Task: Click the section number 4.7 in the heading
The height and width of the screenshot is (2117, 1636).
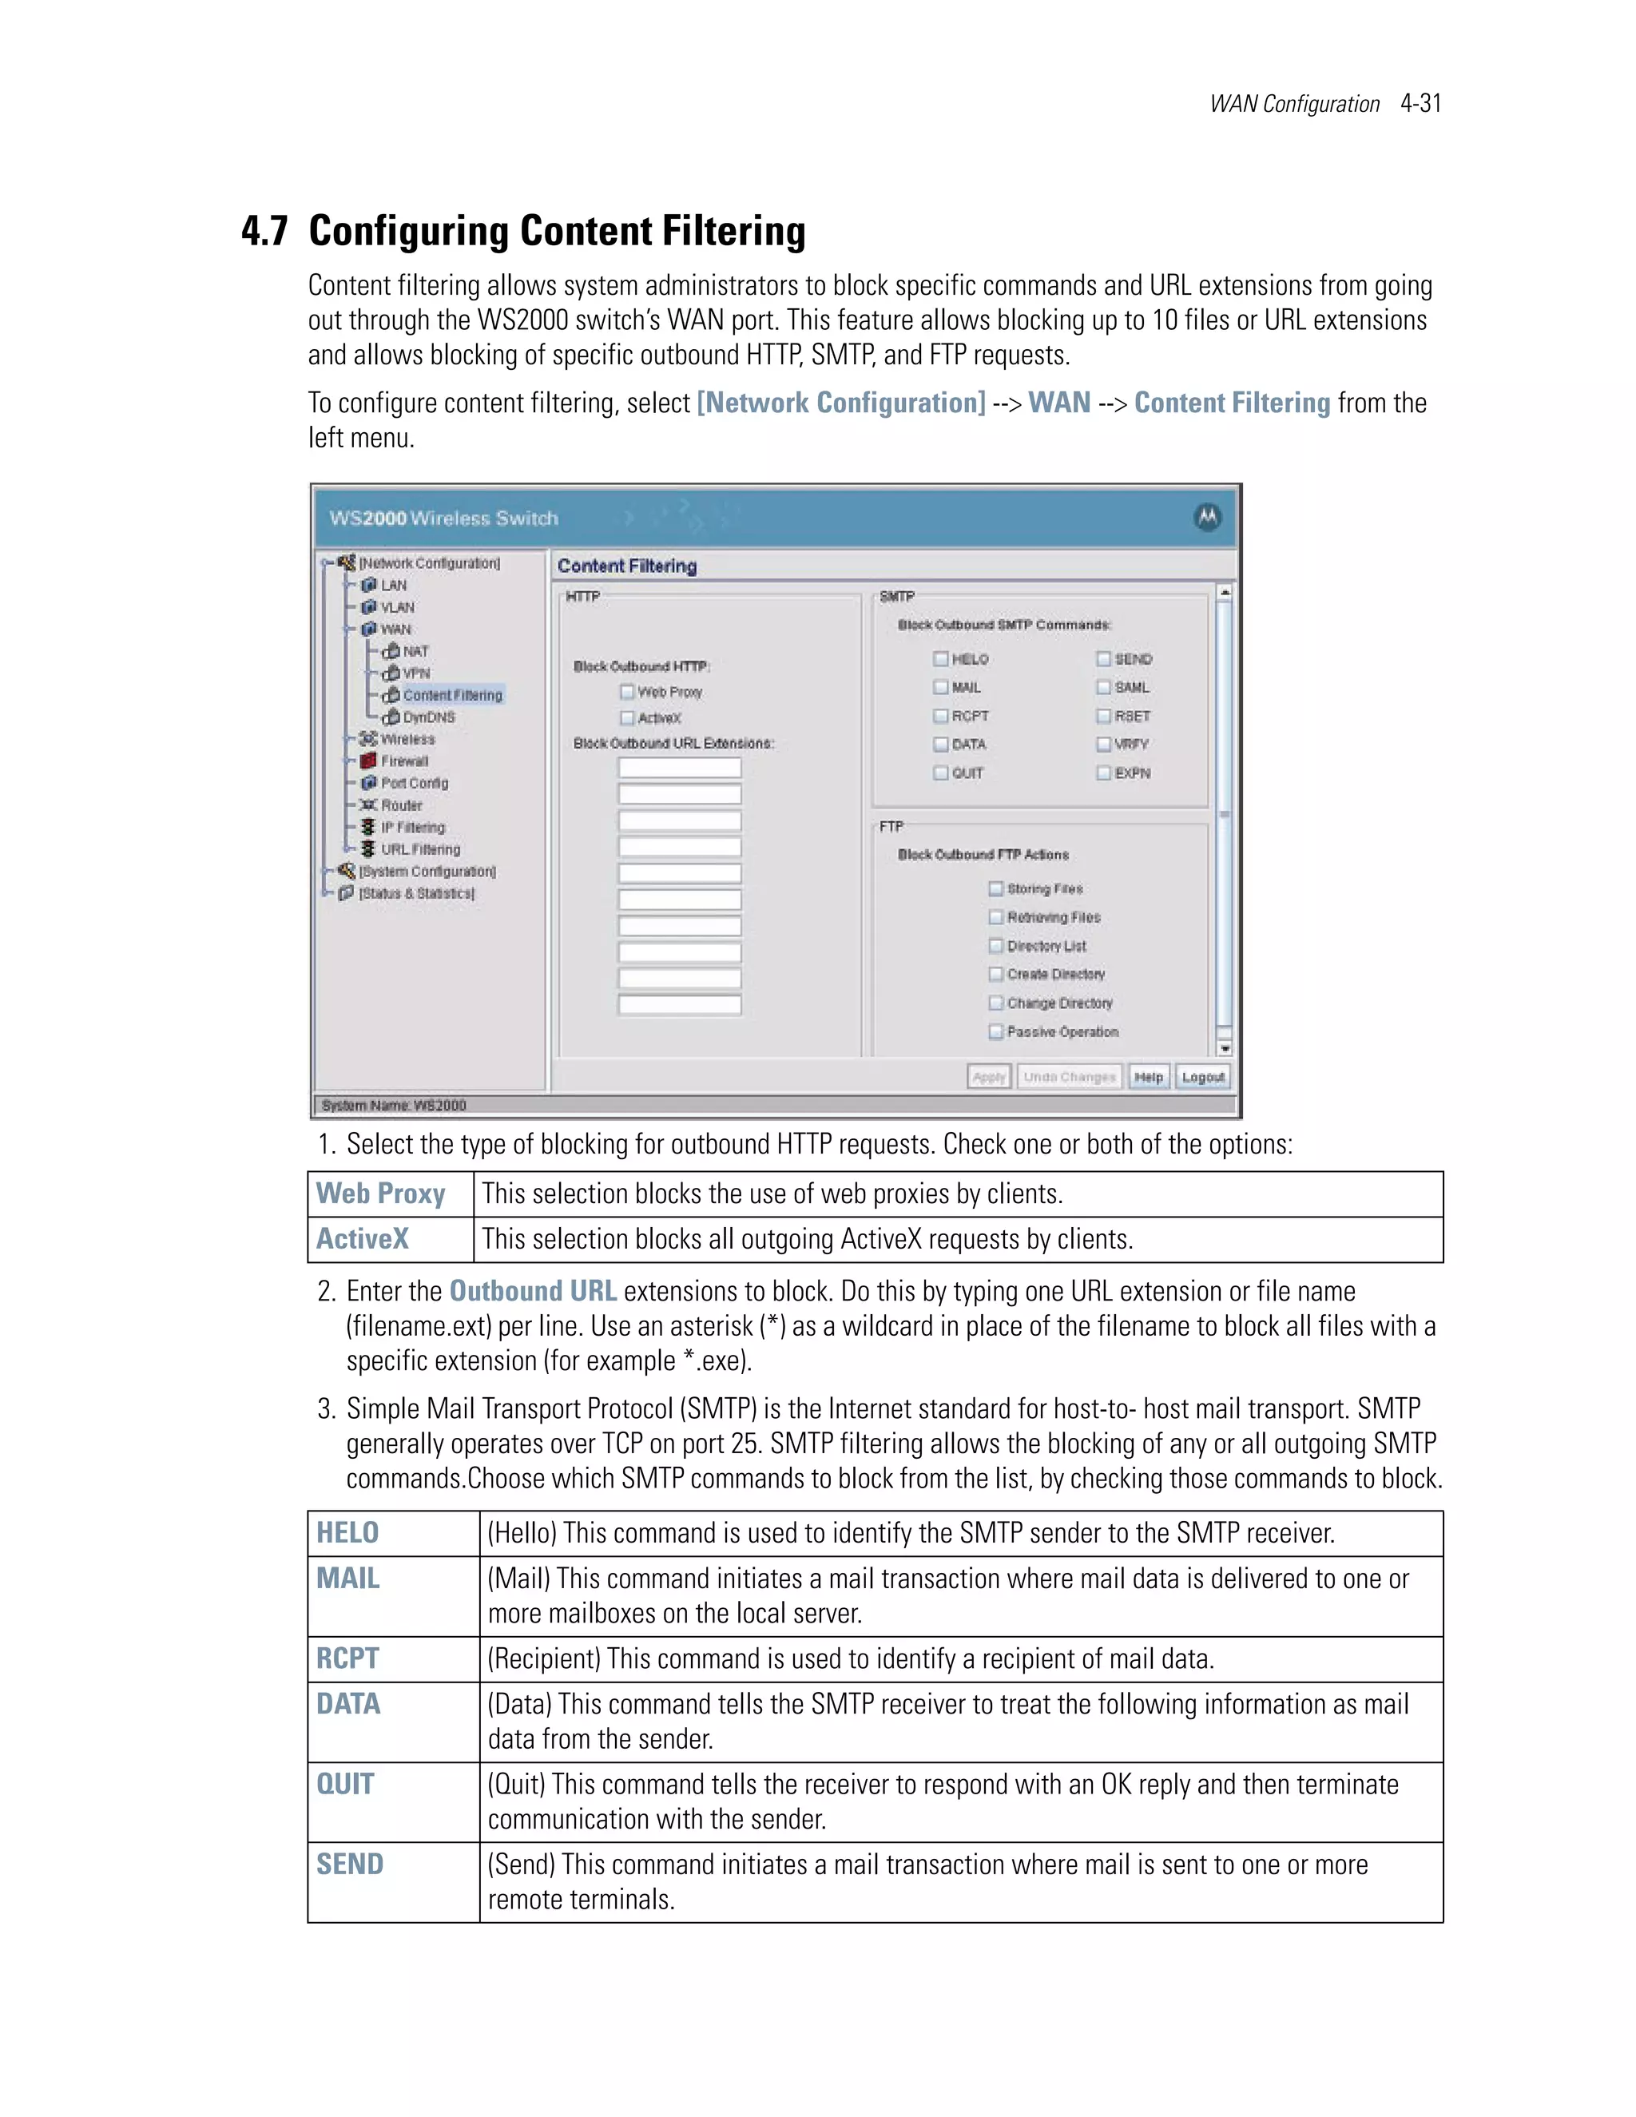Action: pos(264,232)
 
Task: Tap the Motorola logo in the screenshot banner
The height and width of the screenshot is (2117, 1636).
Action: pos(1207,518)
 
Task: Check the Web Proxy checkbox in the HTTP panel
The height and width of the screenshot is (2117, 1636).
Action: pos(627,692)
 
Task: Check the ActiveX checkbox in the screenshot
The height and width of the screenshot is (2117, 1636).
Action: pos(627,718)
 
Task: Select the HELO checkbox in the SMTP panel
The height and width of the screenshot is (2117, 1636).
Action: pos(940,659)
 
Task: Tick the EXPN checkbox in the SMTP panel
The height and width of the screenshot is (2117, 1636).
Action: pos(1103,773)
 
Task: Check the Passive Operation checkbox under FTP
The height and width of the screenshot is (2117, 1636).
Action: pos(995,1031)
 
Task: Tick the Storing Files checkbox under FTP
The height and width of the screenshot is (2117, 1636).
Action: pos(995,889)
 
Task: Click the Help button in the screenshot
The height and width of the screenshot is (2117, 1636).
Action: pos(1149,1077)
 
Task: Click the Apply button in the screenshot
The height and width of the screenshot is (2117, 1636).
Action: pos(989,1077)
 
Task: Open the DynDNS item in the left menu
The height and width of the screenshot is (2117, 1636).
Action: pos(428,717)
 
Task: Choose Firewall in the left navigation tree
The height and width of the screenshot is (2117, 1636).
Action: pos(403,761)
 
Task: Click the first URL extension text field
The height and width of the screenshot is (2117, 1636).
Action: pos(680,769)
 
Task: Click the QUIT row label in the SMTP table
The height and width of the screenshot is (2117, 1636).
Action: pos(345,1785)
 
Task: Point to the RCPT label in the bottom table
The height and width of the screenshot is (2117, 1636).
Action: pos(347,1658)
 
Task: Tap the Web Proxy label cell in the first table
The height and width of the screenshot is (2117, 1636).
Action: pos(381,1194)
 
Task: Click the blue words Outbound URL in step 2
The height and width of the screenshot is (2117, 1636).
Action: pos(532,1291)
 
